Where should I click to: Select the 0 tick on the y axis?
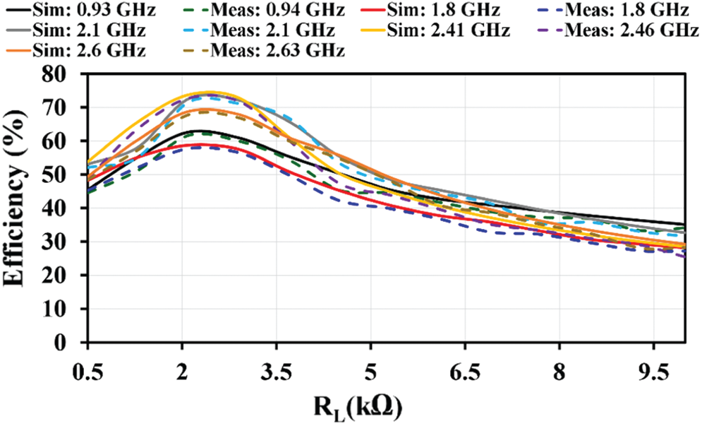[x=73, y=343]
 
